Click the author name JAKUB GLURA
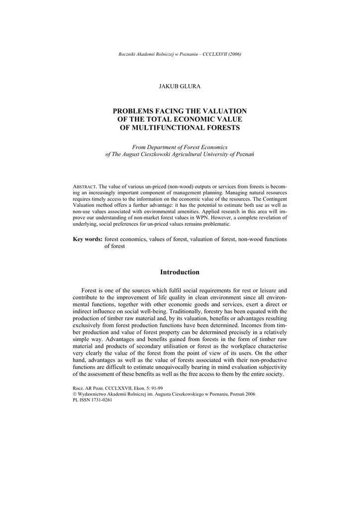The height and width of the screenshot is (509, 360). click(180, 86)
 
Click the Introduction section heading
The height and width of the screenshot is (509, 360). click(180, 272)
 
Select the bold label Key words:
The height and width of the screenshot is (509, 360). click(88, 239)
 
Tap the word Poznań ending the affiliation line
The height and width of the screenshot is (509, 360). click(244, 155)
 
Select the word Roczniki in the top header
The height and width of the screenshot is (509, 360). click(127, 54)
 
